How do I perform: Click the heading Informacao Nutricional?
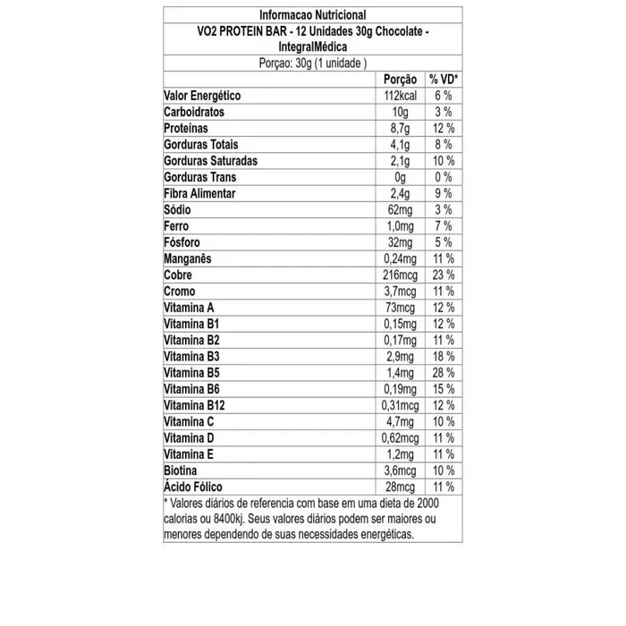(311, 14)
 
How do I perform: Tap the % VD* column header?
(444, 80)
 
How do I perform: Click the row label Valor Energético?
(202, 97)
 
